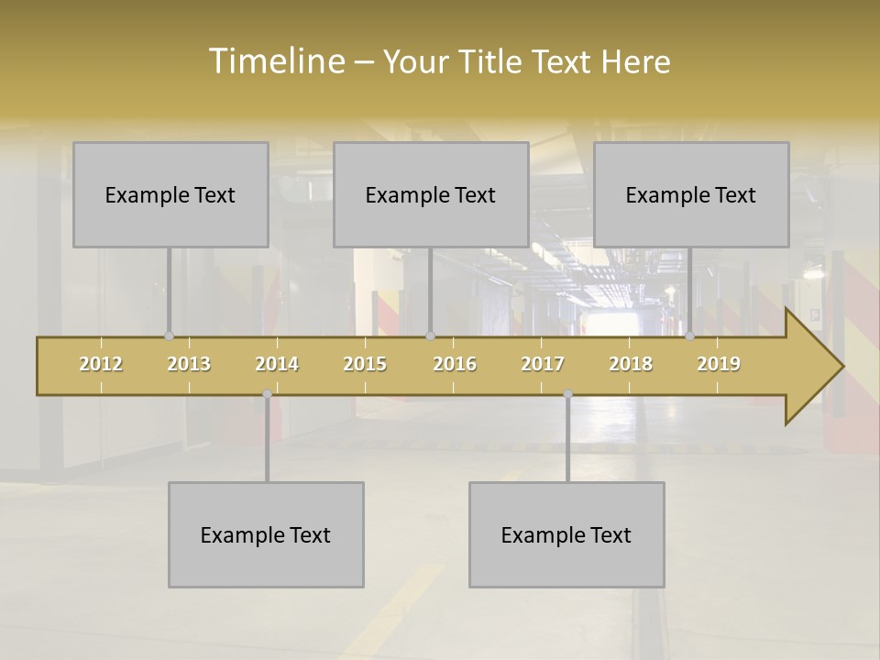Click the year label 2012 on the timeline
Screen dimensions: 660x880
click(101, 364)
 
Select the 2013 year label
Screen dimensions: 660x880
click(189, 364)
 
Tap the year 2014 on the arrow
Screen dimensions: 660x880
click(277, 364)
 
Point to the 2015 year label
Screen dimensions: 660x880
click(365, 364)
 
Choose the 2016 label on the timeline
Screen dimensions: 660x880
click(455, 364)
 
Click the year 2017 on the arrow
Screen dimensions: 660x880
click(543, 364)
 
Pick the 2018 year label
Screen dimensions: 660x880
click(631, 364)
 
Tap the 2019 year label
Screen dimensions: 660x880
click(719, 364)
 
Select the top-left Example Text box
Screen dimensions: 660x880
click(170, 194)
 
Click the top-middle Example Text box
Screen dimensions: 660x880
click(431, 194)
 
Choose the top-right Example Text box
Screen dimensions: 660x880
click(691, 194)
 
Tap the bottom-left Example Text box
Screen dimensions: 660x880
click(266, 534)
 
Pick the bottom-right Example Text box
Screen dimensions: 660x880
click(566, 534)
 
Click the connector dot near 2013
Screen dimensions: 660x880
click(169, 336)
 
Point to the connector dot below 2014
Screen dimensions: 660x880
click(267, 393)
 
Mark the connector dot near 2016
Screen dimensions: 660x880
click(430, 336)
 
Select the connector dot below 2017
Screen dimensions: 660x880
click(567, 393)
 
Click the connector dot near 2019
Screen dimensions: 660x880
click(690, 336)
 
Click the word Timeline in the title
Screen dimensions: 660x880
click(275, 60)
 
